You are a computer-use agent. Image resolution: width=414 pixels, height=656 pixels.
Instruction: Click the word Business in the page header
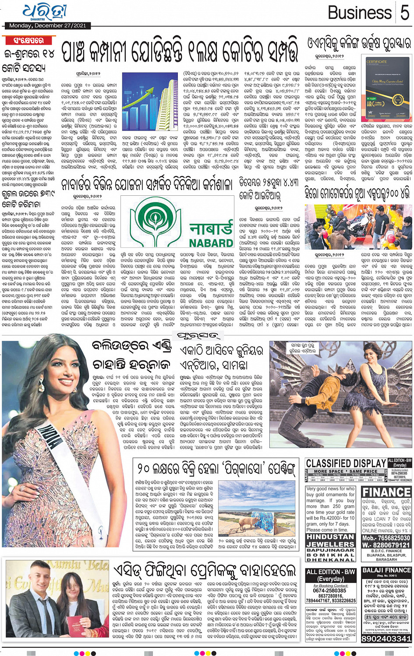point(360,13)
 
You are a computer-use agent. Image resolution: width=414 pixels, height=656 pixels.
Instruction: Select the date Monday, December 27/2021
point(48,26)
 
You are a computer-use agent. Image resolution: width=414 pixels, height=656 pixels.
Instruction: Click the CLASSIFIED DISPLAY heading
point(346,463)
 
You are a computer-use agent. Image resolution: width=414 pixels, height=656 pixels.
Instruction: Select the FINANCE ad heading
point(386,492)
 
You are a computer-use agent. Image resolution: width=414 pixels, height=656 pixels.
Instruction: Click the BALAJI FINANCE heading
point(386,570)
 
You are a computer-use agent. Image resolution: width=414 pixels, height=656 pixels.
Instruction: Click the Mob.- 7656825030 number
point(386,538)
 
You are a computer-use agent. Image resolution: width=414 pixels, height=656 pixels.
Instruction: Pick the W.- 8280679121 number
point(386,545)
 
